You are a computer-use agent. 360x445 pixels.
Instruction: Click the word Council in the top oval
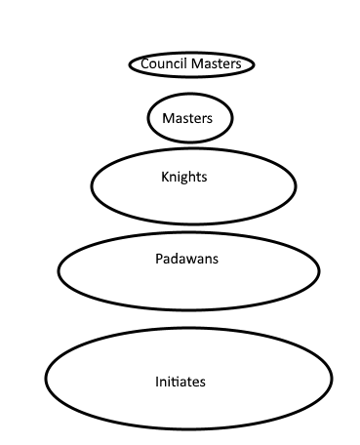point(160,63)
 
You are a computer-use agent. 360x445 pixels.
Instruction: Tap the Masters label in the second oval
point(187,118)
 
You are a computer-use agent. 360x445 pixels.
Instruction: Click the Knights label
point(184,178)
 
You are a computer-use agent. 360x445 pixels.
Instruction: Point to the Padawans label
point(186,259)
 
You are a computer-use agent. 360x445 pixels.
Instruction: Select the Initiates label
point(180,382)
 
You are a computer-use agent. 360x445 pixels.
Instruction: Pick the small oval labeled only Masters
point(190,94)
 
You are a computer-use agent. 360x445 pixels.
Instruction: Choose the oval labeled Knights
point(193,148)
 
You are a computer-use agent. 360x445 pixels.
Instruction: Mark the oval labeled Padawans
point(189,233)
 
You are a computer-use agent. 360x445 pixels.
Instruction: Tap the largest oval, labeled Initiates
point(189,329)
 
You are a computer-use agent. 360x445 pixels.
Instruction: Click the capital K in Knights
point(165,177)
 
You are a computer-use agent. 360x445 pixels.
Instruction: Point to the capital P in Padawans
point(159,259)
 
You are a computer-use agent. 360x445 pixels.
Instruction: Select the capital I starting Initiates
point(157,382)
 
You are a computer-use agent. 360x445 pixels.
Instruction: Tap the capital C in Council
point(144,63)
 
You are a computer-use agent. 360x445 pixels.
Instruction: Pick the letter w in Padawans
point(193,261)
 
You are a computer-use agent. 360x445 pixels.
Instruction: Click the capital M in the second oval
point(168,118)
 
